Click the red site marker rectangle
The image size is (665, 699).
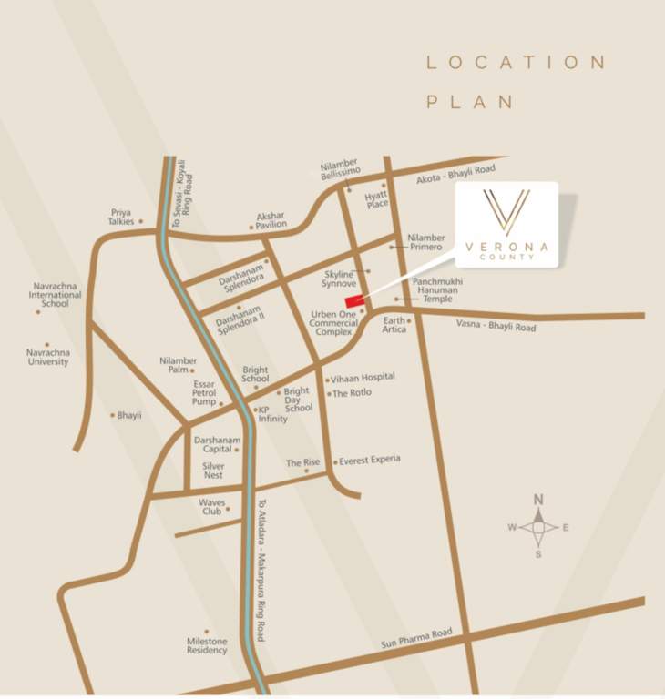point(354,302)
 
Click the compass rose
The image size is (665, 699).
point(538,527)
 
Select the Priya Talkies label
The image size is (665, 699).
point(121,217)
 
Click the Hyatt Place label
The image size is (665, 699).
point(376,199)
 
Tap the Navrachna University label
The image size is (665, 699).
point(47,356)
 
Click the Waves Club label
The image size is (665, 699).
point(211,507)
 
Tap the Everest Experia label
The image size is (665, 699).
point(370,461)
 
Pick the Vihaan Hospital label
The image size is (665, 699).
point(363,377)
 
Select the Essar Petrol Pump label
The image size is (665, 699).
point(203,393)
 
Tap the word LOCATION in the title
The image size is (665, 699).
point(516,62)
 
